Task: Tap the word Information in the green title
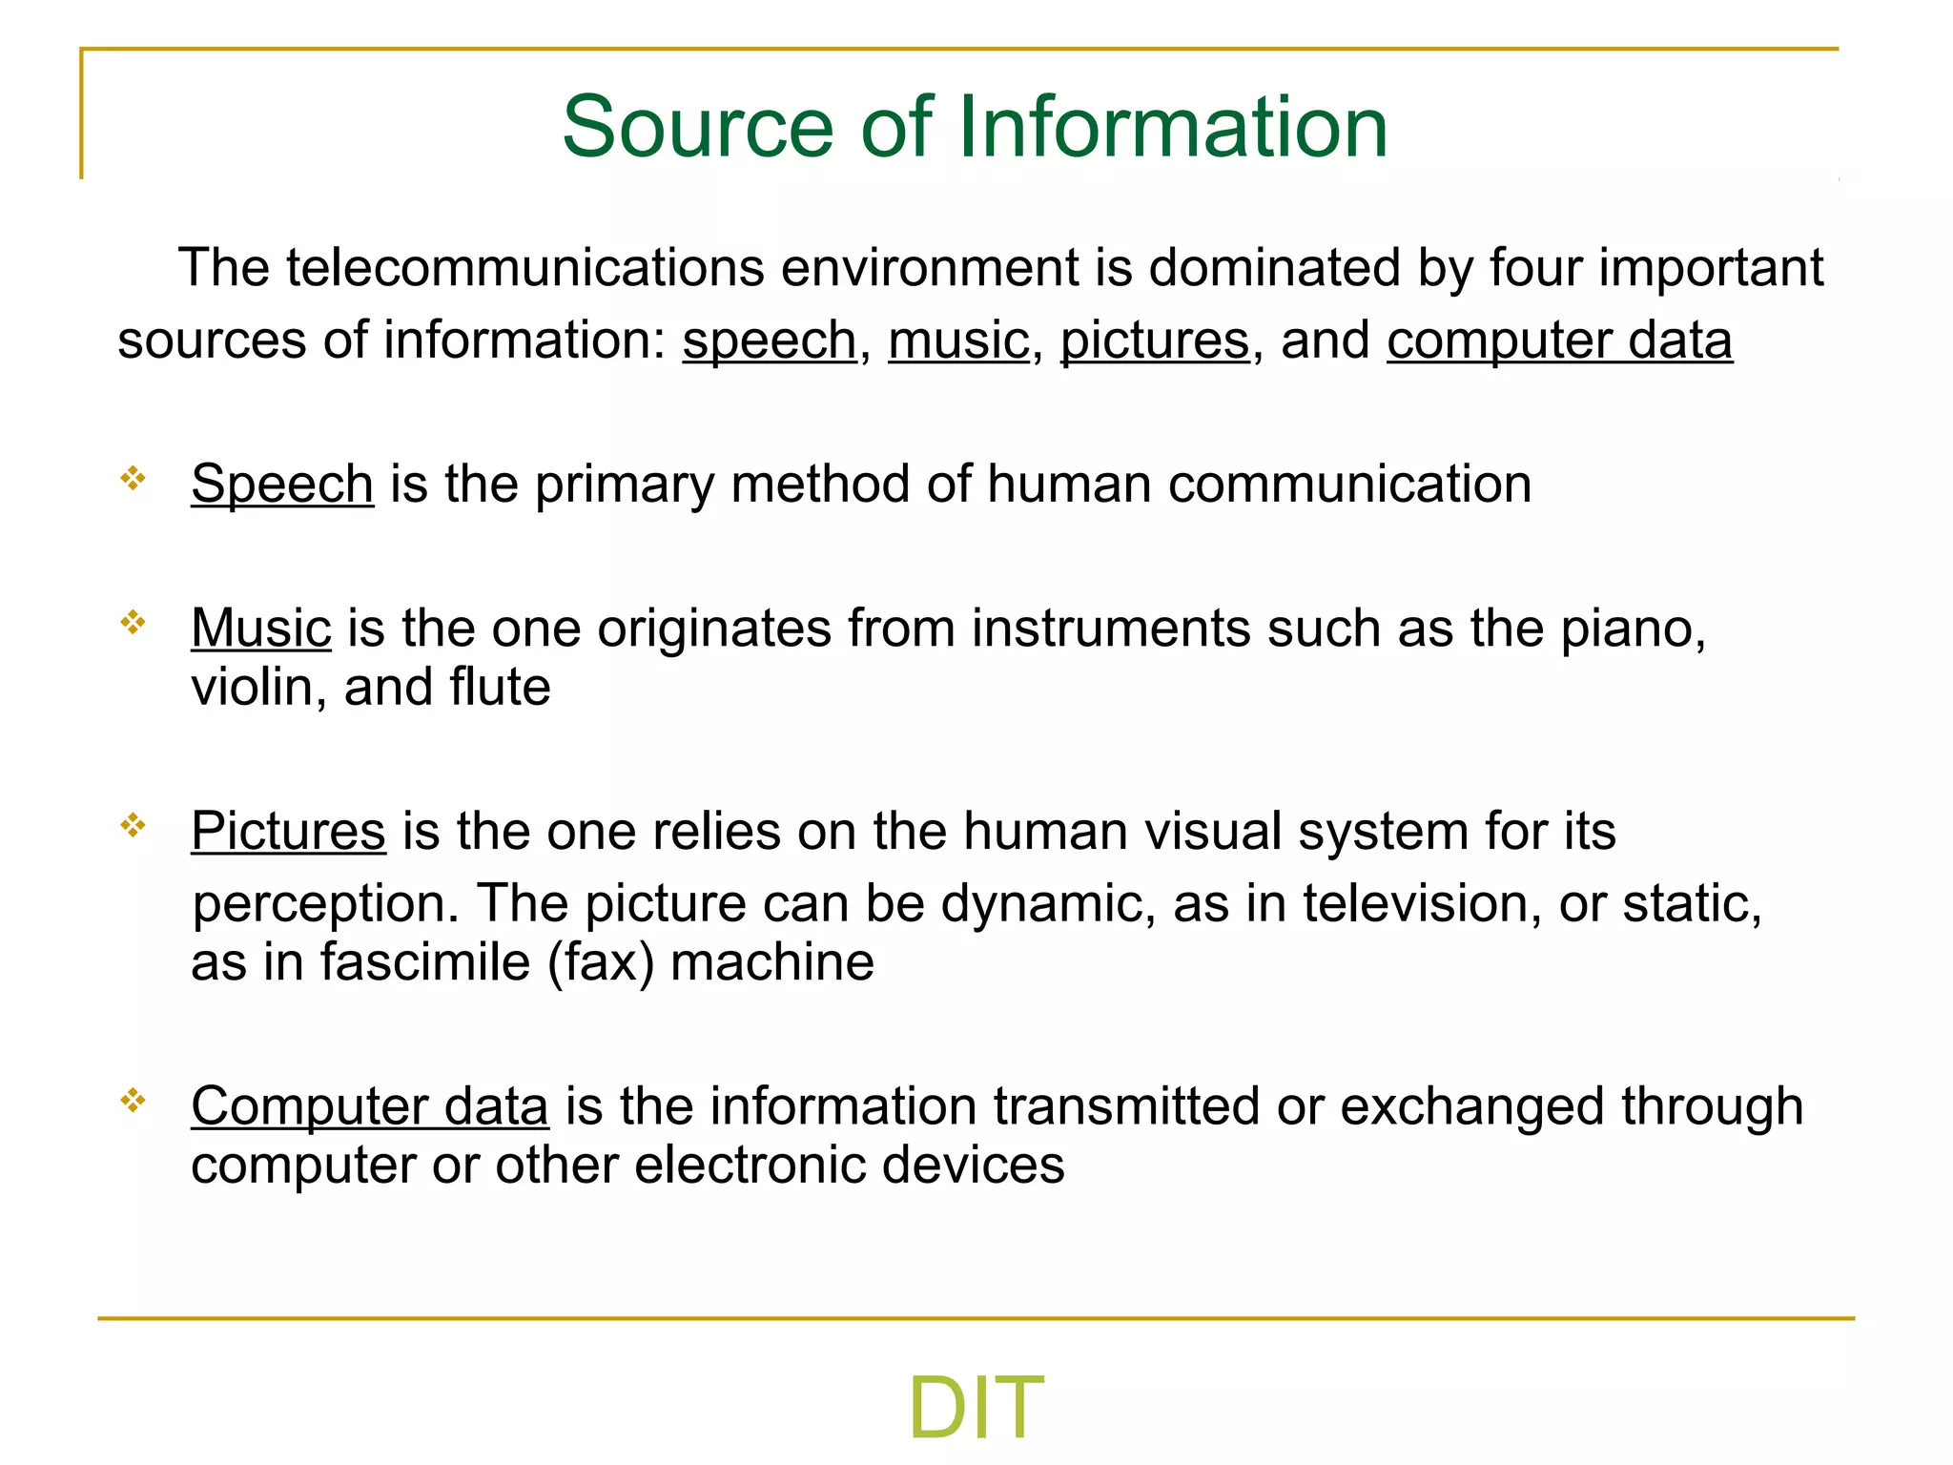point(1172,128)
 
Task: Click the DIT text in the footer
point(976,1407)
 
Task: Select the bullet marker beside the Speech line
point(133,478)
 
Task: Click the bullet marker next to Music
point(133,623)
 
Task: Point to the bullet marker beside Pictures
point(133,825)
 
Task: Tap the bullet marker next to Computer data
point(133,1101)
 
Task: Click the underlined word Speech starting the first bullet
point(282,485)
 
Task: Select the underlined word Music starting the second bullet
point(260,629)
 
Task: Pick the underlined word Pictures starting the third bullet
point(288,831)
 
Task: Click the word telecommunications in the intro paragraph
point(524,268)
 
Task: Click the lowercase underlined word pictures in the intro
point(1154,340)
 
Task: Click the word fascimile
point(425,961)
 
